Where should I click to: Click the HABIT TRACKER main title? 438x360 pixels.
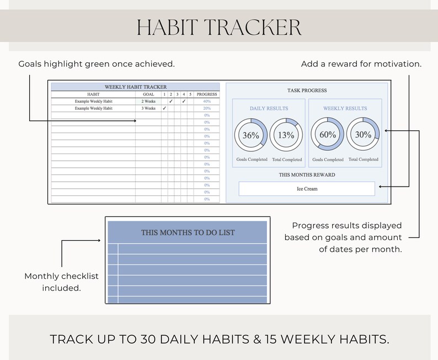(x=219, y=27)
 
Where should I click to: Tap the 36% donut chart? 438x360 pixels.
(x=251, y=135)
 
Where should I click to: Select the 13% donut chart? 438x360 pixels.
(x=286, y=135)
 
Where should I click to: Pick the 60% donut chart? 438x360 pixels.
(x=328, y=134)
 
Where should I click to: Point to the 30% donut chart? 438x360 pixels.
(x=362, y=134)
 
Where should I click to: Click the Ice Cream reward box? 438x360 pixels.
(x=307, y=189)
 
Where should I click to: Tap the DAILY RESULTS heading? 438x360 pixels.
(x=269, y=109)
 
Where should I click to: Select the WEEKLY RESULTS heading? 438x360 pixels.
(x=345, y=109)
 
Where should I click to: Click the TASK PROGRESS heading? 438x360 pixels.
(x=307, y=91)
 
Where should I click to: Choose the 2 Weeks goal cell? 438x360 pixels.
(x=148, y=102)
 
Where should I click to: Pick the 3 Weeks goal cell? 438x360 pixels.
(x=148, y=108)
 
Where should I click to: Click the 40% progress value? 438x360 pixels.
(x=207, y=102)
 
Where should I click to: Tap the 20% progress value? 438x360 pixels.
(x=207, y=108)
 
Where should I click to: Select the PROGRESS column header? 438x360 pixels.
(x=207, y=94)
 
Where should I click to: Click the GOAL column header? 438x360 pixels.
(x=148, y=94)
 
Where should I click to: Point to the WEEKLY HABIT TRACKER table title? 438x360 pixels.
(x=135, y=87)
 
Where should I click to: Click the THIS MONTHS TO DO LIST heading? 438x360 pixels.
(x=188, y=232)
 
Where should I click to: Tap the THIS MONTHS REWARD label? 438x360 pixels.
(x=307, y=175)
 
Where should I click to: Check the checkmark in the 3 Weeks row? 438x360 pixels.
(x=164, y=108)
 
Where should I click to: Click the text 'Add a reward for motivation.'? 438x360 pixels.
(x=361, y=64)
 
